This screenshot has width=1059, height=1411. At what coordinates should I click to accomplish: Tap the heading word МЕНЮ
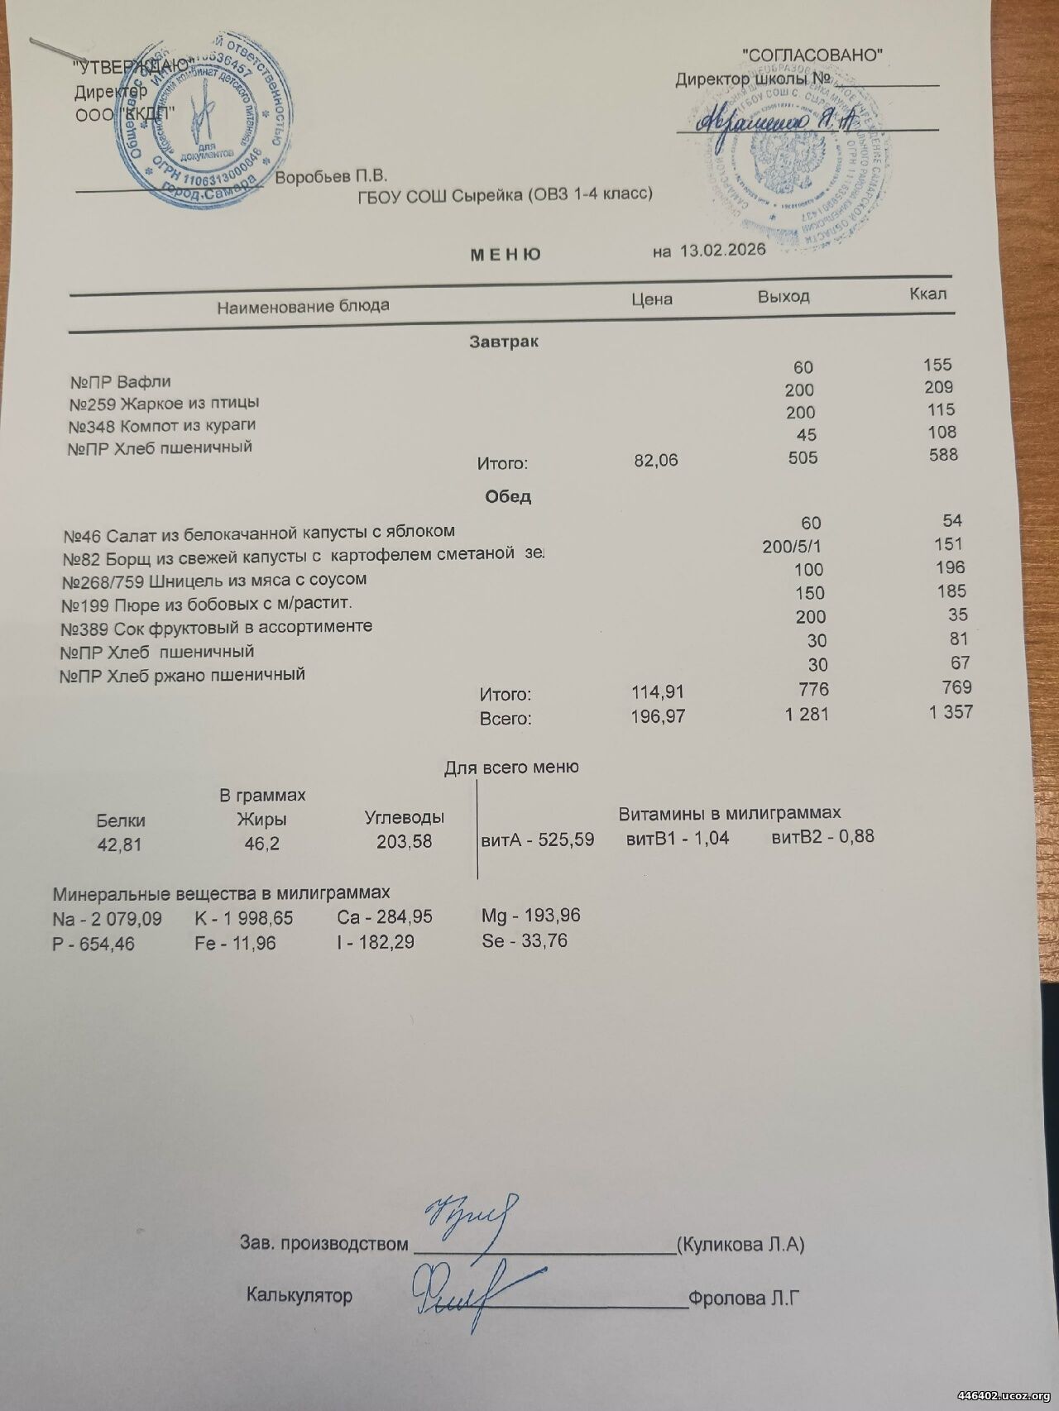pyautogui.click(x=506, y=254)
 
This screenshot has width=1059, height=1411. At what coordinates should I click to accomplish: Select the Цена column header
pyautogui.click(x=651, y=299)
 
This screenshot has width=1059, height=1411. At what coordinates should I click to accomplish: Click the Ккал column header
pyautogui.click(x=927, y=294)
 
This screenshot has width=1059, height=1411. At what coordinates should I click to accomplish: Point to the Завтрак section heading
pyautogui.click(x=504, y=342)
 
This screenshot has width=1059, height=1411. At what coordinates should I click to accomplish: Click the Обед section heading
pyautogui.click(x=508, y=497)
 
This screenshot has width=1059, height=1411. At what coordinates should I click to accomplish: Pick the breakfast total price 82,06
pyautogui.click(x=655, y=460)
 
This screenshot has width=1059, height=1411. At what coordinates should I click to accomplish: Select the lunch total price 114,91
pyautogui.click(x=658, y=691)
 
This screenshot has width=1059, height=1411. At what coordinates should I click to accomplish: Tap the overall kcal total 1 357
pyautogui.click(x=951, y=711)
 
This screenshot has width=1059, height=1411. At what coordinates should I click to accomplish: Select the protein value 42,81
pyautogui.click(x=120, y=844)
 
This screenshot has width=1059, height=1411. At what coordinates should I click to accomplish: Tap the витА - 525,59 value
pyautogui.click(x=538, y=839)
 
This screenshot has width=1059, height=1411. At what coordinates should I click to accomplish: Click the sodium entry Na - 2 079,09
pyautogui.click(x=108, y=919)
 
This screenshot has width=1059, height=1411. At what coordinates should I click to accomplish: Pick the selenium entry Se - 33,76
pyautogui.click(x=525, y=940)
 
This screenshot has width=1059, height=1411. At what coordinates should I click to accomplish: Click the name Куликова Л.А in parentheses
pyautogui.click(x=740, y=1244)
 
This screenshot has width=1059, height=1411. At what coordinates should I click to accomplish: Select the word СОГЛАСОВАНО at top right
pyautogui.click(x=814, y=55)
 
